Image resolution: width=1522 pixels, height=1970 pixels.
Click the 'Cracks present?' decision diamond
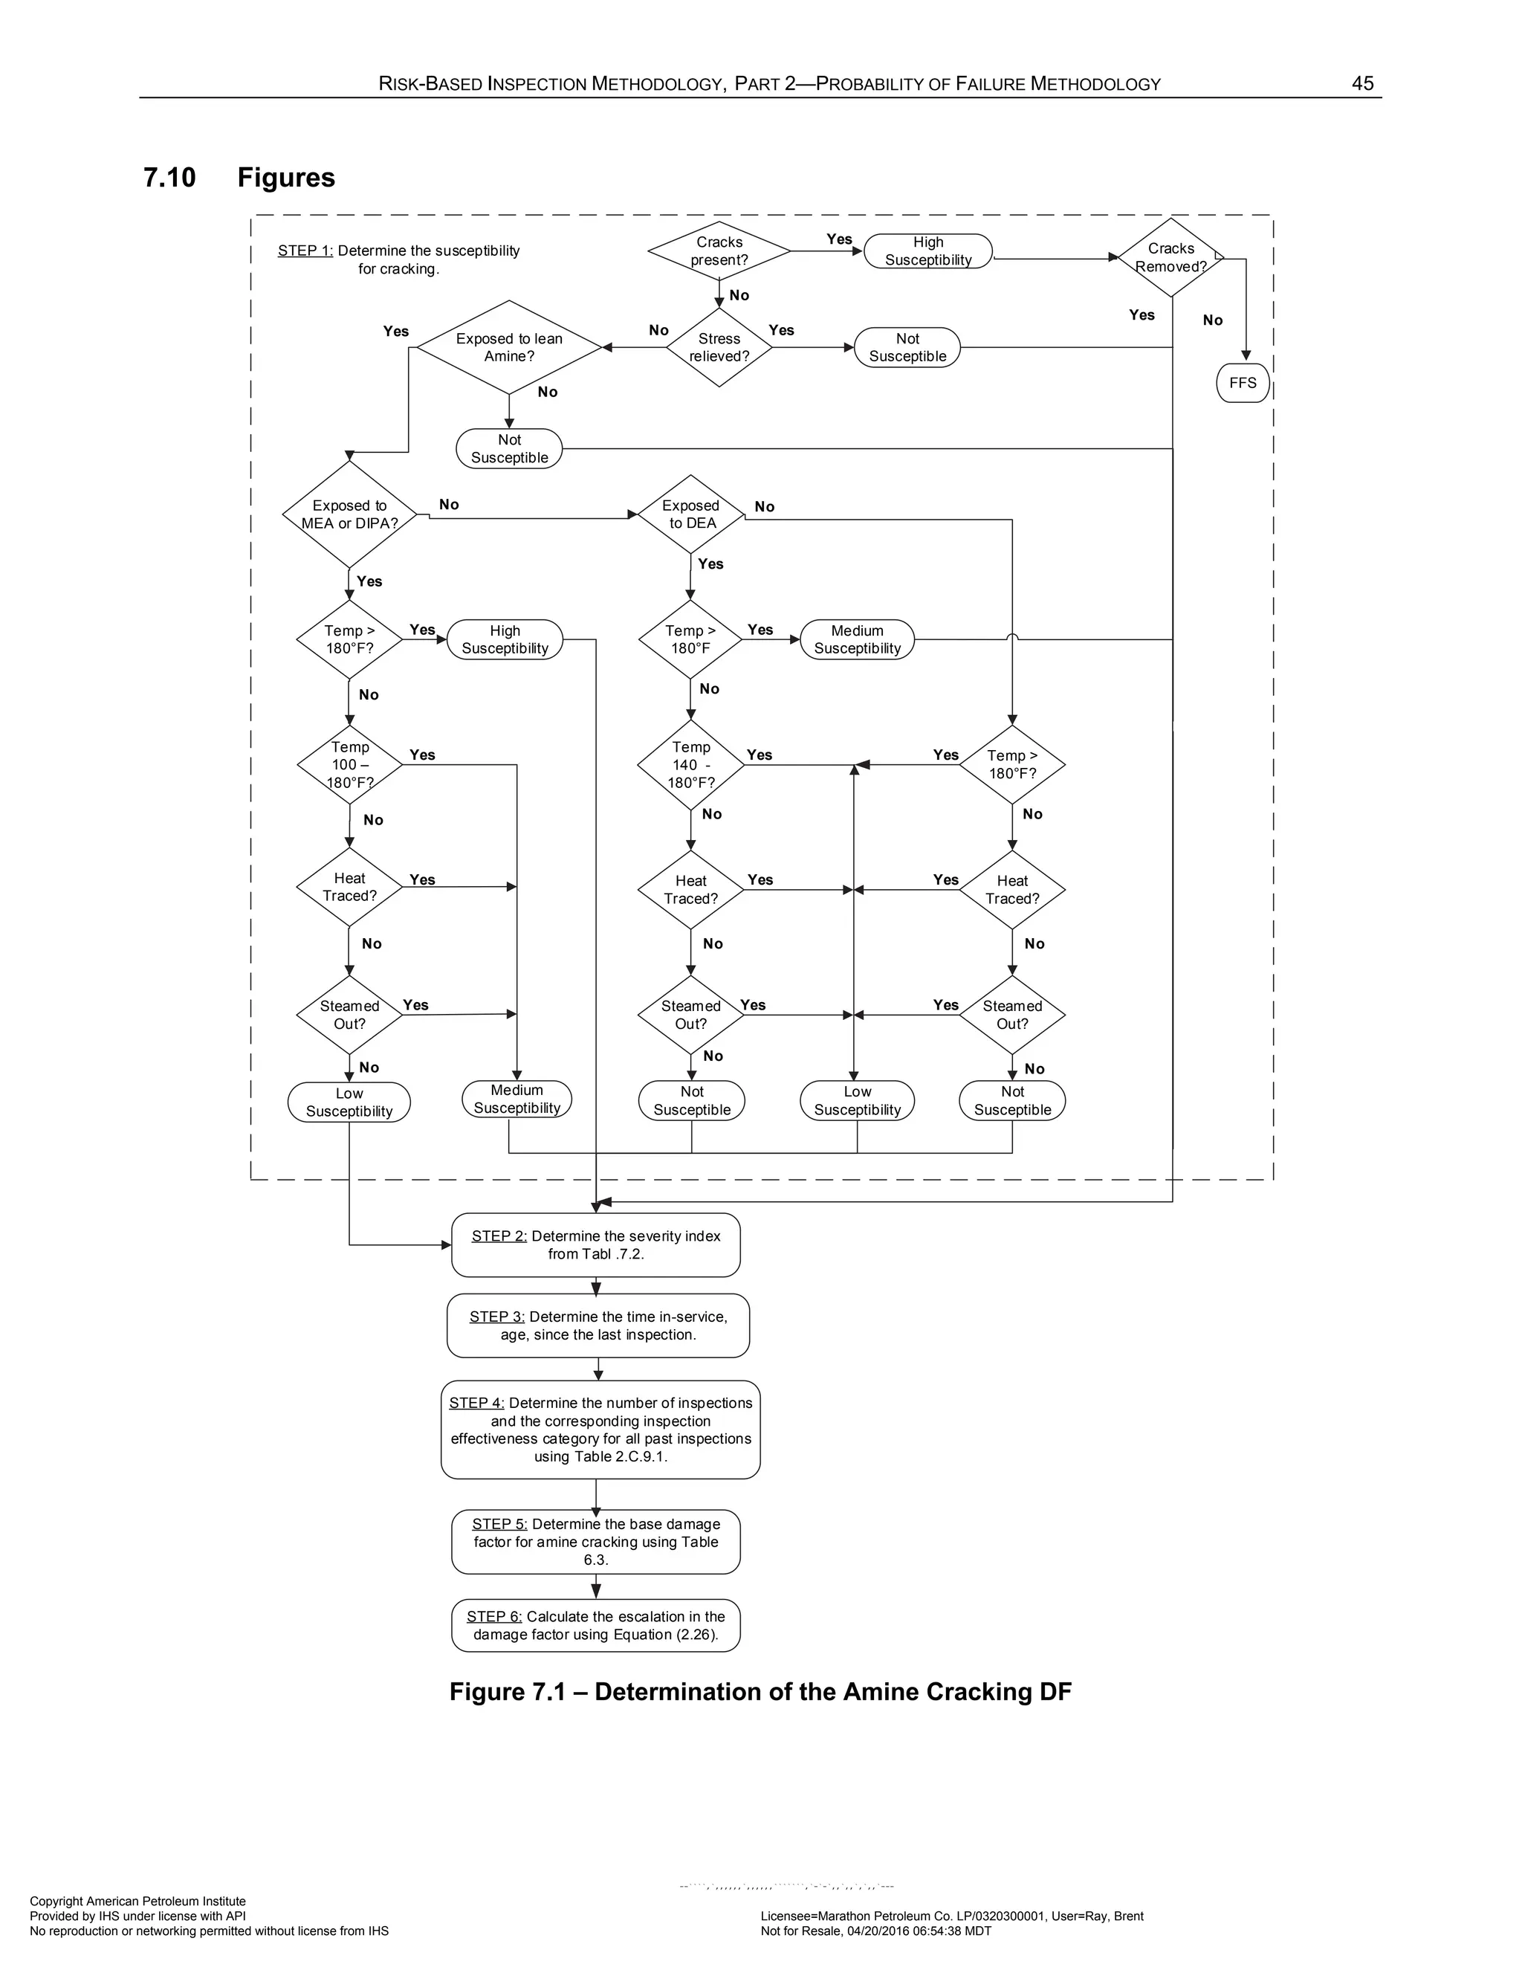[719, 251]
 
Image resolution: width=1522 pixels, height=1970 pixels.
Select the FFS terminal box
[1243, 382]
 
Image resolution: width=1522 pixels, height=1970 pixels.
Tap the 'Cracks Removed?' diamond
[1170, 257]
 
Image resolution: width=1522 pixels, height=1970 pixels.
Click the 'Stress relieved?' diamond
[719, 347]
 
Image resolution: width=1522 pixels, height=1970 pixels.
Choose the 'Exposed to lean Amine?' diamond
[508, 347]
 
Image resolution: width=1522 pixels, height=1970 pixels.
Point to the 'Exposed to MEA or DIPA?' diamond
[349, 514]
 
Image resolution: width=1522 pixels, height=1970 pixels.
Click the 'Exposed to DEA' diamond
[690, 514]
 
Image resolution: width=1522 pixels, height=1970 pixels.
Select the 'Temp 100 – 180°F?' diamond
[349, 765]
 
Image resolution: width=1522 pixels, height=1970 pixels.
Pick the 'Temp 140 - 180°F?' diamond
[690, 765]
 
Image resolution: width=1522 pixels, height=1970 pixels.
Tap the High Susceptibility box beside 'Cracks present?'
[927, 251]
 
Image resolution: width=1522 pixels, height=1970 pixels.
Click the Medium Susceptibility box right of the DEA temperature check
[857, 639]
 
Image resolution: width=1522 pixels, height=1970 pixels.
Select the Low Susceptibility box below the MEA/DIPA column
[349, 1102]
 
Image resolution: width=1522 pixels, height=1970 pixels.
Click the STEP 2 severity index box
[596, 1244]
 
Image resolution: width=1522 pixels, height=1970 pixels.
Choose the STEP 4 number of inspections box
[600, 1430]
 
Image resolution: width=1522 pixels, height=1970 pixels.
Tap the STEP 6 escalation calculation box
[596, 1625]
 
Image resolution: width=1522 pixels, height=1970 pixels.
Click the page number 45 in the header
[1361, 84]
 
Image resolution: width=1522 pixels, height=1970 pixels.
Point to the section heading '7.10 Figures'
[239, 177]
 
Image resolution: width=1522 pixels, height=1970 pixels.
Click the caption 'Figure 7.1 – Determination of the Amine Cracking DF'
[760, 1692]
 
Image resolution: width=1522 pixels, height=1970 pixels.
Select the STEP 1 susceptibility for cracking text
[398, 259]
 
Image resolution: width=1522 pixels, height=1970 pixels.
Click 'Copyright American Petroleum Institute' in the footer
[138, 1902]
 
